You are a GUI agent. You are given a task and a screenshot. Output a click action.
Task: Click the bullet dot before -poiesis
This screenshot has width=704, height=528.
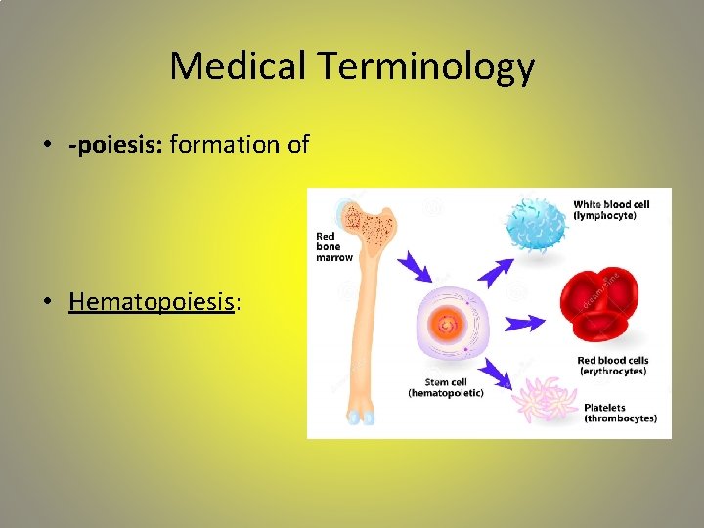[47, 146]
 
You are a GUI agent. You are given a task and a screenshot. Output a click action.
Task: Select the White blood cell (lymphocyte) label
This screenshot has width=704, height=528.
[611, 210]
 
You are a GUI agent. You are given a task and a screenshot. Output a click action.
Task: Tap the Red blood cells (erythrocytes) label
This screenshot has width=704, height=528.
[613, 366]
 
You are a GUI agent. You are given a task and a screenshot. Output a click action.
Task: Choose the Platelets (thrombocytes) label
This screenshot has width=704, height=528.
[620, 414]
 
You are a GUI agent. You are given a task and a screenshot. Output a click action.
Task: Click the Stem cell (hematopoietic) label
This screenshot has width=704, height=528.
[445, 387]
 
